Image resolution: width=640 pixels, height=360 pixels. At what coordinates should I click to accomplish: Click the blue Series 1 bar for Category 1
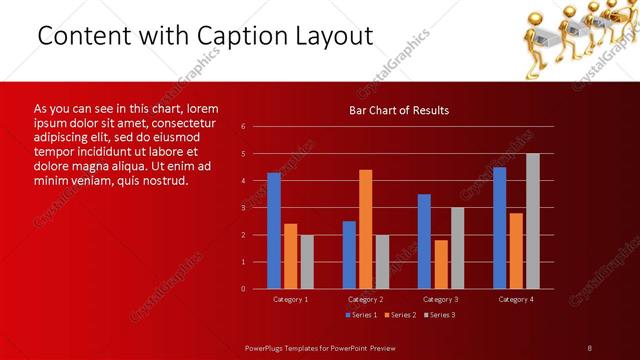[274, 231]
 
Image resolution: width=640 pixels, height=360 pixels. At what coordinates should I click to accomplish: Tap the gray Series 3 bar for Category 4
[532, 221]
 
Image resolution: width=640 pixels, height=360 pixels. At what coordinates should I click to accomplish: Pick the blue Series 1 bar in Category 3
[424, 241]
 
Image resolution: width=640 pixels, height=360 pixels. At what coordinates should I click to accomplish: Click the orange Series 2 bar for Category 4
[516, 250]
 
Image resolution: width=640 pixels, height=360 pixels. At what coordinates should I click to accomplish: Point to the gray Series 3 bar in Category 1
[307, 262]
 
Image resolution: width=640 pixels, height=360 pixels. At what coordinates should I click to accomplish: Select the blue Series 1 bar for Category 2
[349, 255]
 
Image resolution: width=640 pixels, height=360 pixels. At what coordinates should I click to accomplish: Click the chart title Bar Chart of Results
[398, 110]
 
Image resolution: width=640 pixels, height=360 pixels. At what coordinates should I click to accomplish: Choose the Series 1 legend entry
[362, 315]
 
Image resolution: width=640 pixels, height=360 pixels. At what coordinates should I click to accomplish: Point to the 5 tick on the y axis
[244, 154]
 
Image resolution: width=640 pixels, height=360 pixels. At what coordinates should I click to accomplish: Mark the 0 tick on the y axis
[244, 289]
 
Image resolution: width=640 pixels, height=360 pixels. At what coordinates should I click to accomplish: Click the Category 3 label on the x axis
[441, 299]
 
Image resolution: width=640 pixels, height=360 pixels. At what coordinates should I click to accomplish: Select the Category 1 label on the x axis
[291, 299]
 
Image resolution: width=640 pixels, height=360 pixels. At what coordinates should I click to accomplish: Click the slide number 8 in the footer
[590, 347]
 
